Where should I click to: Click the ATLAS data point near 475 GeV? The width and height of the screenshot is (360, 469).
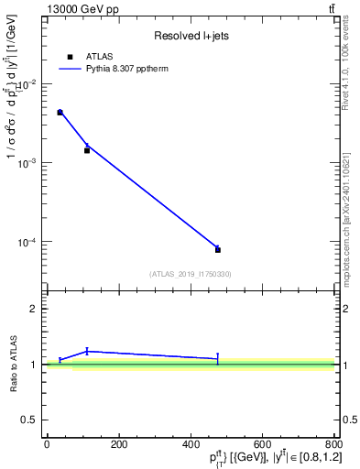(218, 249)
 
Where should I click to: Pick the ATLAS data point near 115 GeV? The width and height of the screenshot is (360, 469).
(87, 150)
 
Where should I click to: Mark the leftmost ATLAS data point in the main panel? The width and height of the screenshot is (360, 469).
(60, 113)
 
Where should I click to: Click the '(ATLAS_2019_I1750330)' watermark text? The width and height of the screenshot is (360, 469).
(190, 274)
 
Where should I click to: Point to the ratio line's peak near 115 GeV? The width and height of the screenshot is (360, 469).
(87, 351)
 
